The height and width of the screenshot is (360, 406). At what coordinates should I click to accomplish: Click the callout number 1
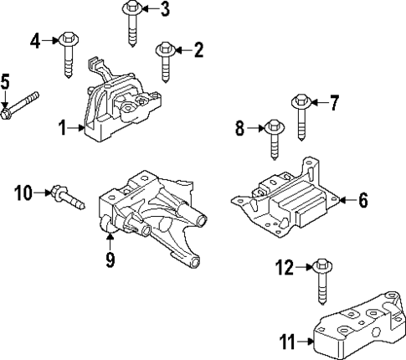62,127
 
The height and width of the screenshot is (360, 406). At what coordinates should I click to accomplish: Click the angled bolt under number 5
21,105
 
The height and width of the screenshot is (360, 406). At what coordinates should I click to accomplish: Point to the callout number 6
363,200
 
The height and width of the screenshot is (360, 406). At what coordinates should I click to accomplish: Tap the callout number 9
110,261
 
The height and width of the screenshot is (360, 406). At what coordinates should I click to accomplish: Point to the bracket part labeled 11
356,332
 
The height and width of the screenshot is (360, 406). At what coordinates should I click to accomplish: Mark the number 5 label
5,82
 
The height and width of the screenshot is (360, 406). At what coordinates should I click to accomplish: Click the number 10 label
23,194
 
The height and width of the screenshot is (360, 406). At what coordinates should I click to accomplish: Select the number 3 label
165,10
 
